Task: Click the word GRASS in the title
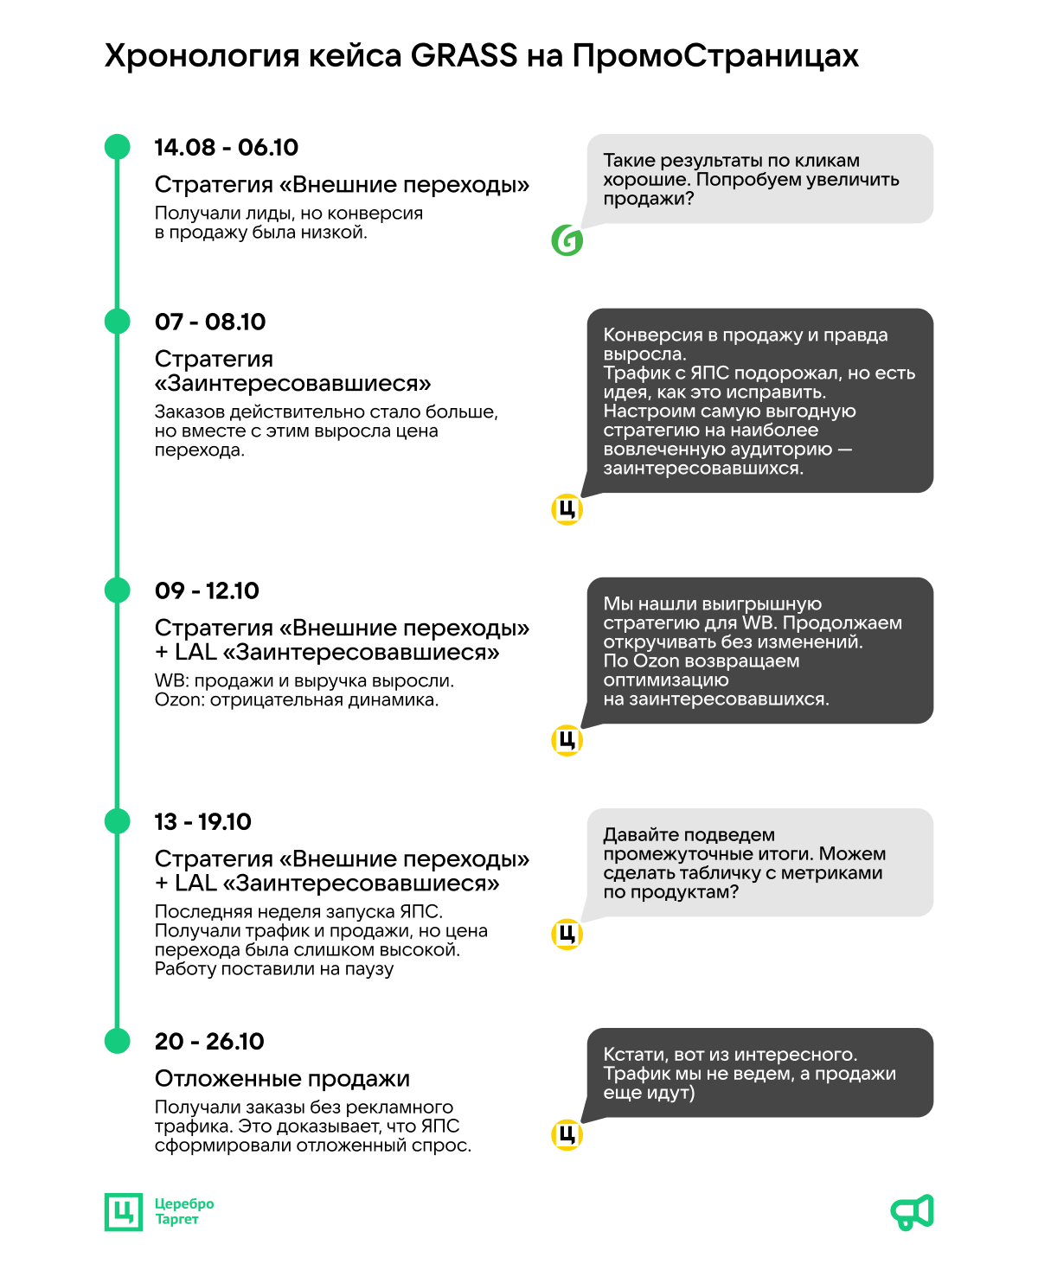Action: [x=464, y=56]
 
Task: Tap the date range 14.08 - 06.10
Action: [x=226, y=148]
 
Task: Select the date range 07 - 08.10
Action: [x=210, y=322]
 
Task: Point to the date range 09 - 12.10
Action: [x=207, y=591]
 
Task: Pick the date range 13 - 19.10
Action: [x=202, y=822]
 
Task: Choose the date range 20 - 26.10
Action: [x=209, y=1042]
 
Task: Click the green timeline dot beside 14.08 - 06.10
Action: [x=117, y=147]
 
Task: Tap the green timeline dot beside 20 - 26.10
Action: [x=117, y=1041]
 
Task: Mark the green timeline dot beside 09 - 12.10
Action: [x=117, y=590]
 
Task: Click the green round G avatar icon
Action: [x=567, y=240]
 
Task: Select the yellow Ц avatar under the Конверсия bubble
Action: [x=567, y=510]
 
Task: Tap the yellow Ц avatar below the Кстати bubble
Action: [x=567, y=1135]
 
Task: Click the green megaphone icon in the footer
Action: [x=913, y=1212]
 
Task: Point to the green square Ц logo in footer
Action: [x=124, y=1212]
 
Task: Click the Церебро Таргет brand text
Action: [x=183, y=1212]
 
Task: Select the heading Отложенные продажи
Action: [x=282, y=1079]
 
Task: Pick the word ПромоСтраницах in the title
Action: [x=715, y=56]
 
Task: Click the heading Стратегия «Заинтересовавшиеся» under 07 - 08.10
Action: [x=292, y=371]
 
